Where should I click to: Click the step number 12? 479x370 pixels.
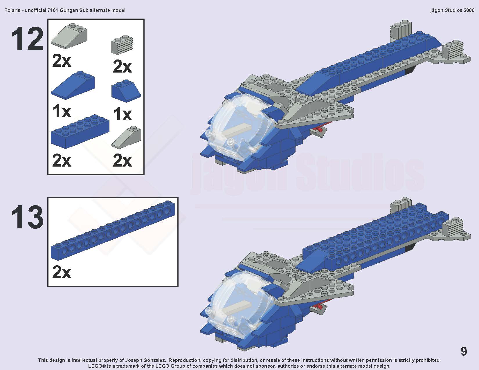click(27, 39)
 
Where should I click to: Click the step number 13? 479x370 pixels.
click(27, 217)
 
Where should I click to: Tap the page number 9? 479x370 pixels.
click(464, 351)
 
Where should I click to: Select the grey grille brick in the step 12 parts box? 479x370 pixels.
click(122, 45)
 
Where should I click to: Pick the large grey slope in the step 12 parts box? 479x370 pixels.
click(69, 36)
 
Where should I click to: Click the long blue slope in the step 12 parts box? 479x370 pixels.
click(73, 85)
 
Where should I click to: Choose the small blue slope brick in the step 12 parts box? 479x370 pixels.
click(126, 91)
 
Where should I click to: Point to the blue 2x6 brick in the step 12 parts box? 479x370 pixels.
click(80, 131)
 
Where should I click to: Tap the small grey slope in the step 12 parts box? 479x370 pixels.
click(126, 137)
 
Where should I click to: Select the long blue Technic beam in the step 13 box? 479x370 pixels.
click(113, 230)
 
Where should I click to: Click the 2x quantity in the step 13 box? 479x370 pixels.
click(62, 272)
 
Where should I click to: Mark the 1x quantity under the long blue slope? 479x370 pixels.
click(62, 111)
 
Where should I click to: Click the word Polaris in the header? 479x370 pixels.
click(12, 10)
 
